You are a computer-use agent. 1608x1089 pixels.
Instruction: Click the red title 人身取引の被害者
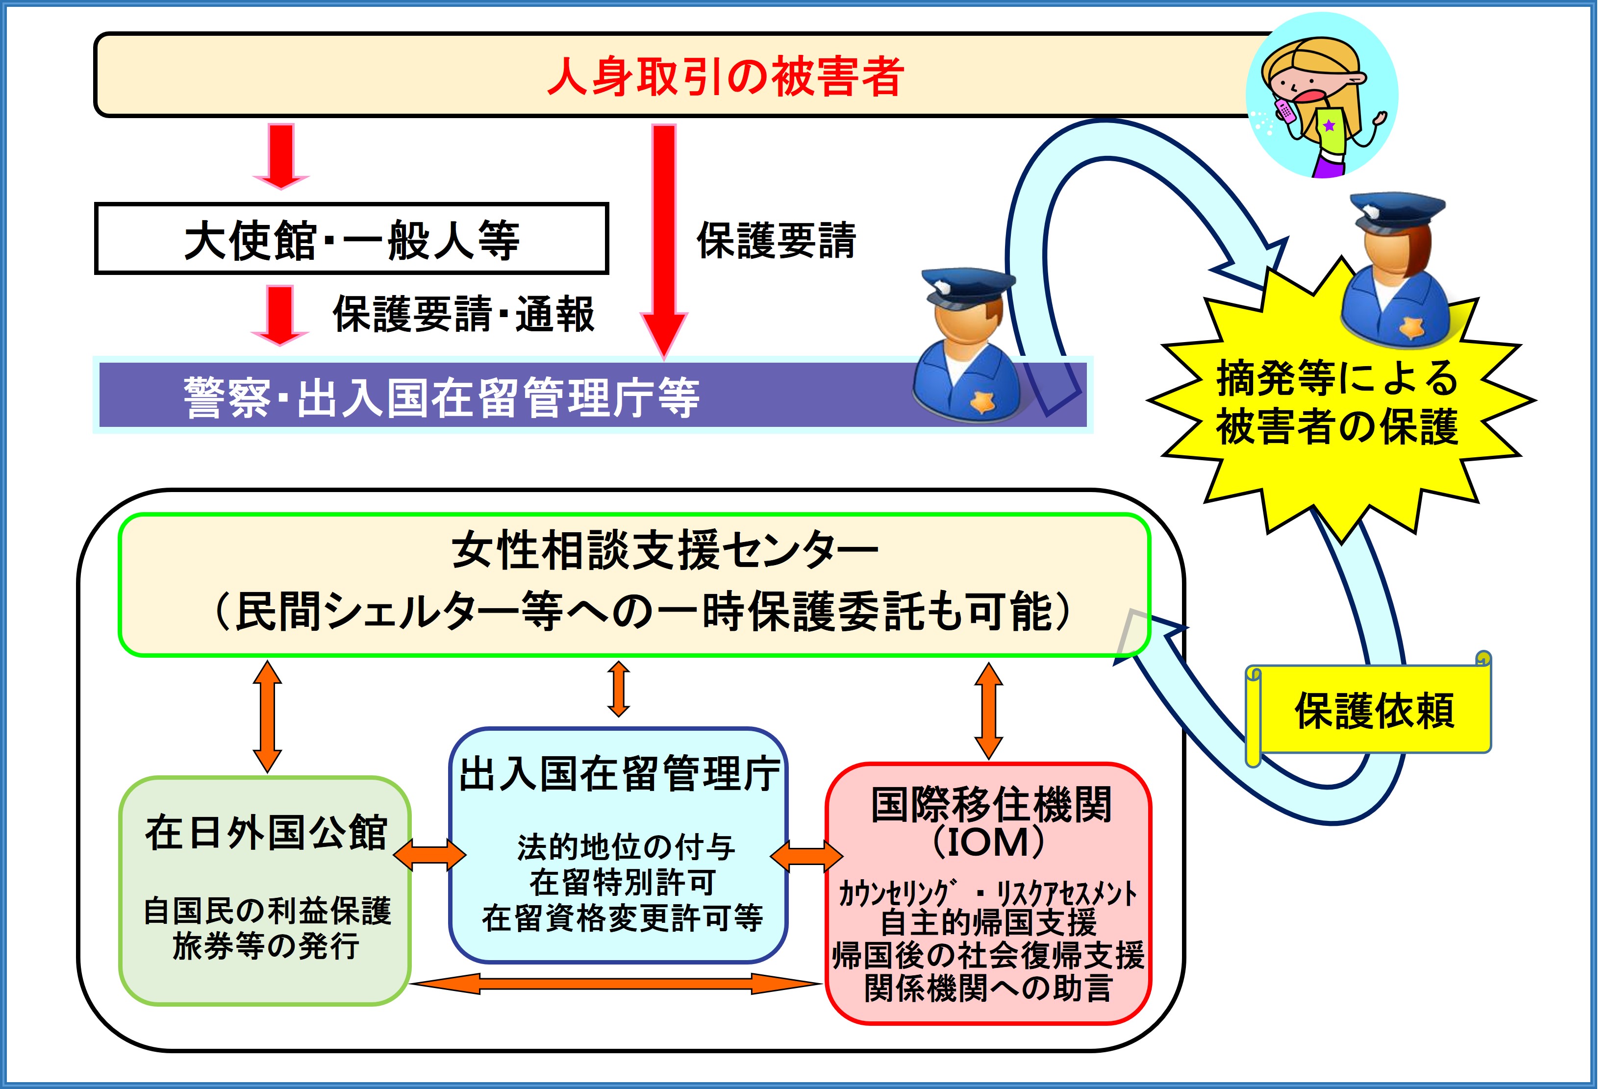click(725, 76)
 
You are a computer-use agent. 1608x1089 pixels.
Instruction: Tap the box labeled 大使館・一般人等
click(352, 239)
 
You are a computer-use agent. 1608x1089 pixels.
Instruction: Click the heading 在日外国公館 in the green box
click(266, 832)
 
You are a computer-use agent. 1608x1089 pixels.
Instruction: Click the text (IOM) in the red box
click(988, 841)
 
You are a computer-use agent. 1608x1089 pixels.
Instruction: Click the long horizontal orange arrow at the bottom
click(616, 983)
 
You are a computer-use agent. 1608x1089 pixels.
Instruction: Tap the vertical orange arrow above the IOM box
click(988, 711)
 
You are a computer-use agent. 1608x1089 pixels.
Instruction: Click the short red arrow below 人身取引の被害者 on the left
click(280, 156)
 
